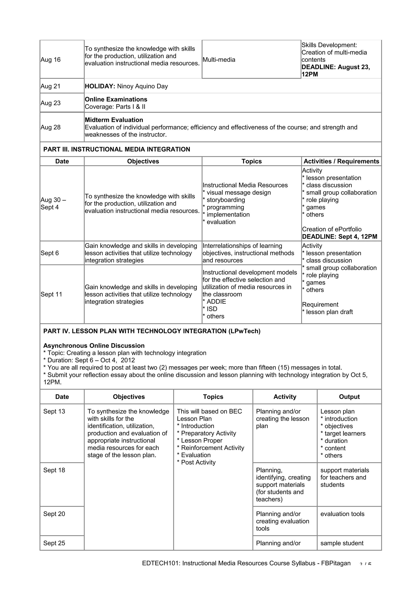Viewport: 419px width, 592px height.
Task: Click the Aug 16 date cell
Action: (x=51, y=60)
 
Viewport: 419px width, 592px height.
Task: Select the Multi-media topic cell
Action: (x=219, y=60)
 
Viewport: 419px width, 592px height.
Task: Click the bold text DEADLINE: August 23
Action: (x=335, y=67)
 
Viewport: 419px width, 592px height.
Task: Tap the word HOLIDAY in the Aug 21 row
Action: (x=100, y=86)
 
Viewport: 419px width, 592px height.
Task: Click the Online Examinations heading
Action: (x=116, y=99)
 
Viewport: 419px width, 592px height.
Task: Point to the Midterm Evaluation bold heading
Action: (x=114, y=120)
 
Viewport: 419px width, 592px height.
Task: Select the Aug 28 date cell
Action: (x=51, y=127)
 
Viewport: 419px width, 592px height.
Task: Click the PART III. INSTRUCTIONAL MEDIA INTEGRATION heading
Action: (x=117, y=149)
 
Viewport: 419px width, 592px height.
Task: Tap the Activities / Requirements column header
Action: (x=341, y=161)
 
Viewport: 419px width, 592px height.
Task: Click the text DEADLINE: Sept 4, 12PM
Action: (x=339, y=237)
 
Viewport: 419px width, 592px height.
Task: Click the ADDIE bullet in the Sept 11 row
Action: (x=216, y=302)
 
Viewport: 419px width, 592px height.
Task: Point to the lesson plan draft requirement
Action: (x=329, y=312)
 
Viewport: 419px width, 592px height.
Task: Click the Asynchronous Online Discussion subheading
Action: (x=94, y=346)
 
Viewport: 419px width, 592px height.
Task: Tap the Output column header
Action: (x=349, y=397)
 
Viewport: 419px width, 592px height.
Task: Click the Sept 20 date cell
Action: (x=54, y=514)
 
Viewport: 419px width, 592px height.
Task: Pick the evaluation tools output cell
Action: (x=342, y=514)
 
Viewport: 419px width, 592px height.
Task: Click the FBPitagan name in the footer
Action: (x=336, y=563)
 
